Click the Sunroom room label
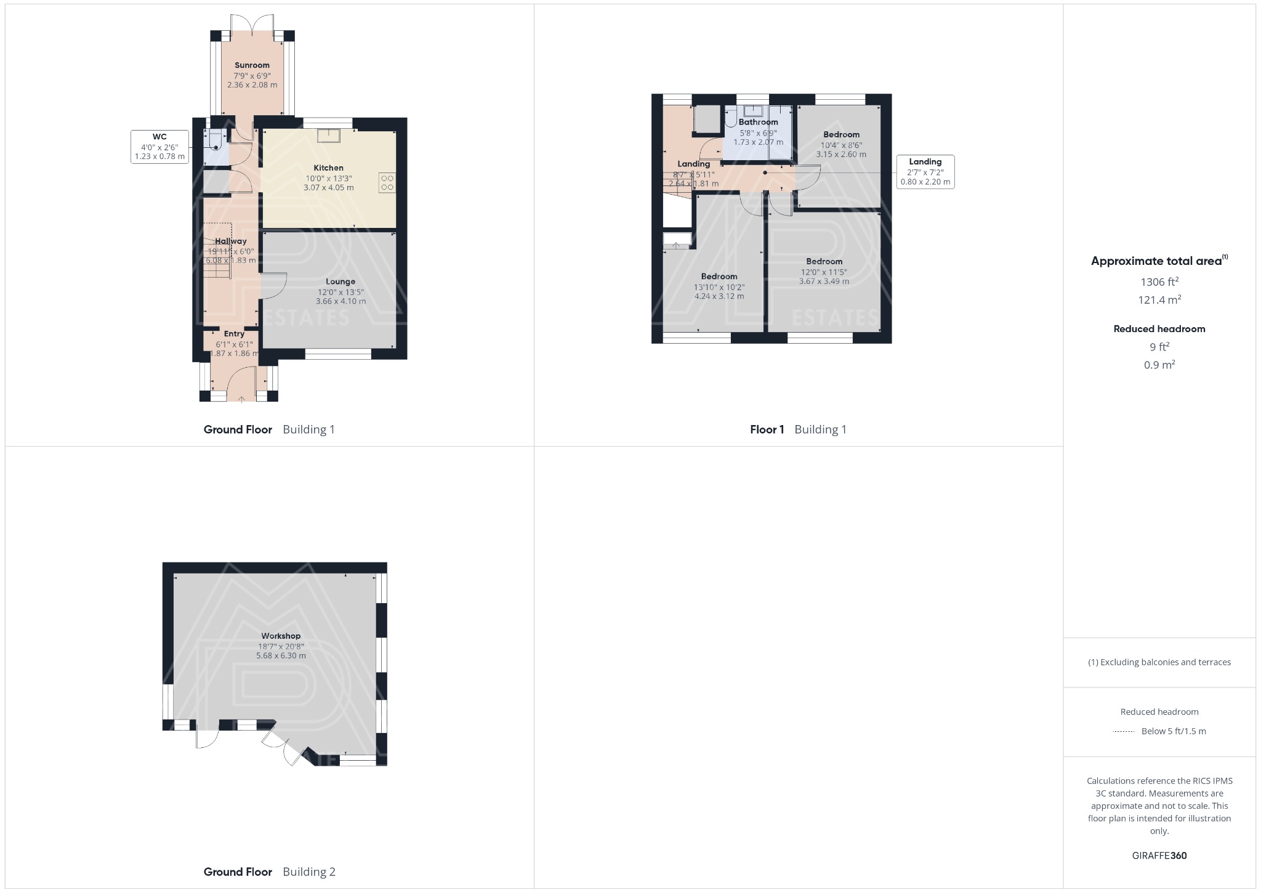click(x=252, y=65)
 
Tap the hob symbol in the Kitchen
click(x=387, y=183)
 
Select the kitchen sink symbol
click(x=329, y=136)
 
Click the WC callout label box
click(x=159, y=147)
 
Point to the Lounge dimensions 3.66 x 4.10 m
click(x=340, y=301)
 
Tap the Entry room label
click(x=234, y=334)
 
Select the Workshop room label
click(x=281, y=636)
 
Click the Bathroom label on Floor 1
click(x=758, y=122)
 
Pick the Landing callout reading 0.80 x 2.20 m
click(x=925, y=172)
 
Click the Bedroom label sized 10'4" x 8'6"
click(x=841, y=134)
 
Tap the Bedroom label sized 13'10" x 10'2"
click(x=719, y=276)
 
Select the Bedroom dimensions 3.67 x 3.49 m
click(x=824, y=281)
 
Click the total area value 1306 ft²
click(x=1159, y=282)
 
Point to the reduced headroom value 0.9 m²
click(x=1159, y=365)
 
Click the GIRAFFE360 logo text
click(x=1159, y=855)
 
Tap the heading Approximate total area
click(x=1156, y=261)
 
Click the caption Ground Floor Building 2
click(x=269, y=872)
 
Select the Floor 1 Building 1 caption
click(x=798, y=429)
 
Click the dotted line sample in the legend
click(x=1124, y=732)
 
